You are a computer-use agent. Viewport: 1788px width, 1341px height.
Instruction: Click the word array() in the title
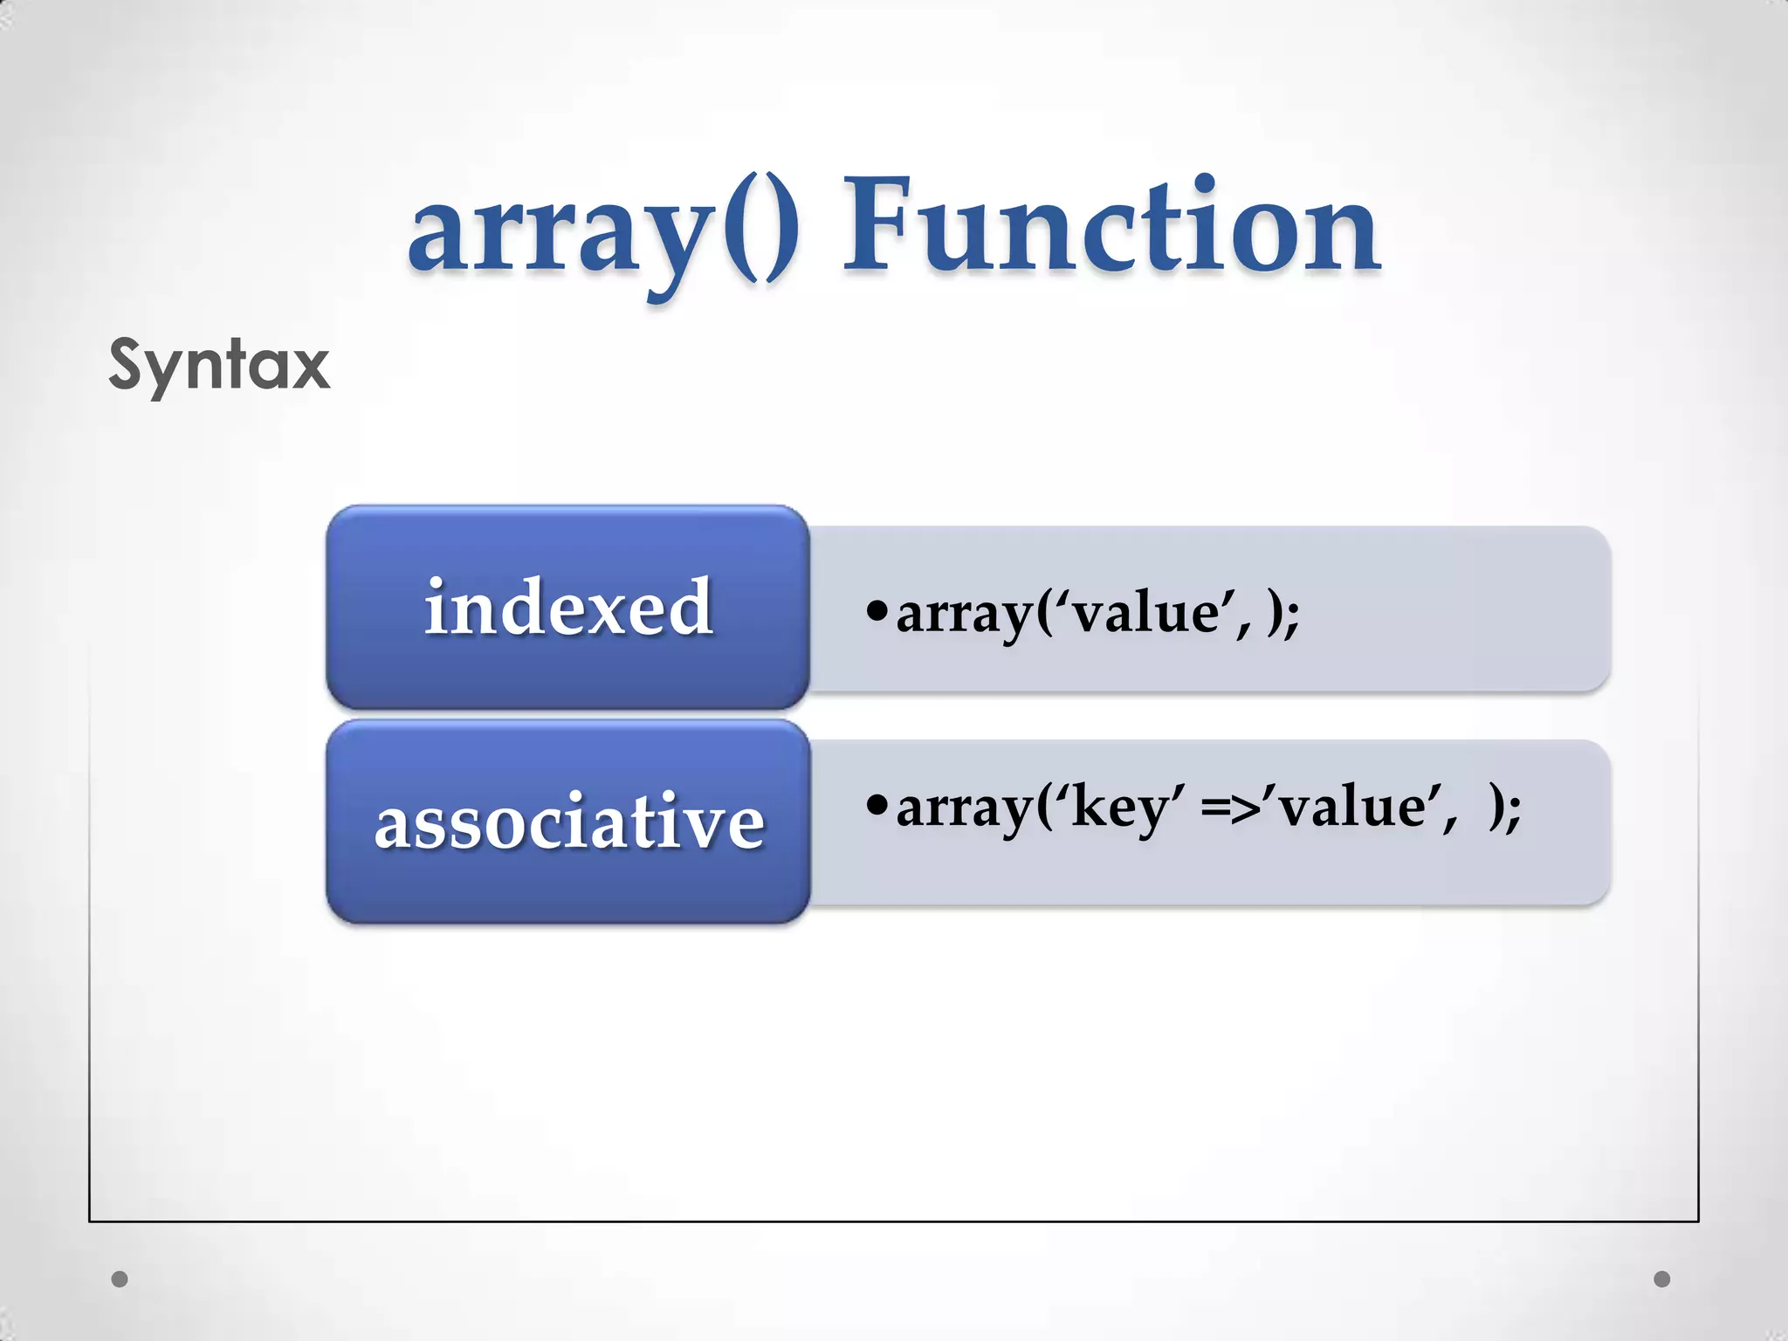click(x=602, y=229)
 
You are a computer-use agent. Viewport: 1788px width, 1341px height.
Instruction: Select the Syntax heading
click(x=219, y=366)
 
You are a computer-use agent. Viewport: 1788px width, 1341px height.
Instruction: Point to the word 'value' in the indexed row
click(x=1145, y=613)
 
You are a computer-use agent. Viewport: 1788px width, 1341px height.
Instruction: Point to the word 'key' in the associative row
click(x=1122, y=807)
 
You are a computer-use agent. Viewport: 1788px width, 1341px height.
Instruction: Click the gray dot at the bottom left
click(x=120, y=1279)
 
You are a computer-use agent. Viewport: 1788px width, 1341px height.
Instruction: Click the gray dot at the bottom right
click(x=1662, y=1279)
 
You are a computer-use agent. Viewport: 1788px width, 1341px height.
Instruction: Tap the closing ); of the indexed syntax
click(x=1283, y=615)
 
